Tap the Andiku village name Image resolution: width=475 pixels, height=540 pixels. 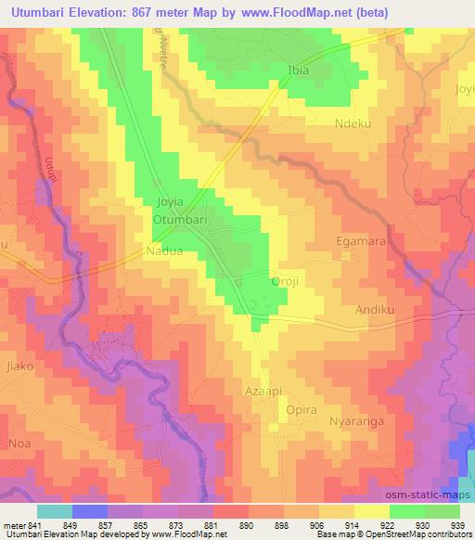coord(375,311)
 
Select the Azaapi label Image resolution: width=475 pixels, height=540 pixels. coord(263,390)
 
